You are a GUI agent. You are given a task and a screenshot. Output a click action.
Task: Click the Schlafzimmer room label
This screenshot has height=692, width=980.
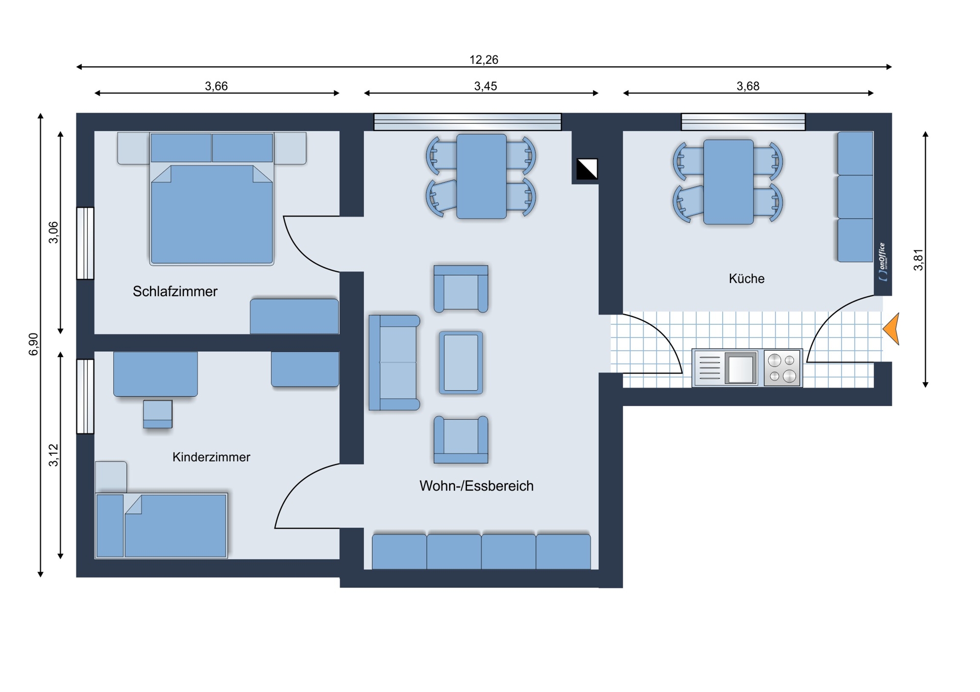point(175,292)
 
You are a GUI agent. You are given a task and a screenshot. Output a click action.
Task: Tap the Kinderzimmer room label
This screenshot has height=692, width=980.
point(211,457)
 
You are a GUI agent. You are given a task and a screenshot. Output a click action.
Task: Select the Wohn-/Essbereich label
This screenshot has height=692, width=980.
point(476,486)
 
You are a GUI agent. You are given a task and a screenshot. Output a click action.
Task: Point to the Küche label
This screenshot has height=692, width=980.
point(746,279)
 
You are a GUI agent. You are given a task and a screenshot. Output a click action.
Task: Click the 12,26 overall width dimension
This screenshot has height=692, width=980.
point(484,60)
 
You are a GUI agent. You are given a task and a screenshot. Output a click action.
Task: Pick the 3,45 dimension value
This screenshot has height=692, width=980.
point(485,86)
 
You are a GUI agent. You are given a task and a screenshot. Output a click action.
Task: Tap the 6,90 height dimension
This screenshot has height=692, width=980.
point(34,344)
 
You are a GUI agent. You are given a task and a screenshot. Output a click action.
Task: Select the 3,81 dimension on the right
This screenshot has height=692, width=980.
point(918,260)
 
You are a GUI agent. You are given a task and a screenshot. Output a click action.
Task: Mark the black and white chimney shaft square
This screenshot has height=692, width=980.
point(587,169)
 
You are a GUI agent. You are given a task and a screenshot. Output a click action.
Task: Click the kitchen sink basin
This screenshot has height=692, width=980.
point(741,368)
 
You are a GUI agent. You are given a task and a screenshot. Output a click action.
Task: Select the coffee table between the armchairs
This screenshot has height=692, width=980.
point(461,363)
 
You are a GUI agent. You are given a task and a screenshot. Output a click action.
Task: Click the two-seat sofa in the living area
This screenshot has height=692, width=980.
point(394,363)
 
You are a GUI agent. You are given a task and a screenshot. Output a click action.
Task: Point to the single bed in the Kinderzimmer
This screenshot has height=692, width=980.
point(161,525)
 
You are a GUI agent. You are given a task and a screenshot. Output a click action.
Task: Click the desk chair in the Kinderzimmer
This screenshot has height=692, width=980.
point(158,414)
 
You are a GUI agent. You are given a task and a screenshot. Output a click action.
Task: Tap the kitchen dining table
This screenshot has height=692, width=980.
point(728,182)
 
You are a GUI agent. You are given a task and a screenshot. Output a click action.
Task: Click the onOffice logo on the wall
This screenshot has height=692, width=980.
point(883,262)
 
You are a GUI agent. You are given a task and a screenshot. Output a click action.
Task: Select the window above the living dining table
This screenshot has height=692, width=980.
point(468,122)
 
